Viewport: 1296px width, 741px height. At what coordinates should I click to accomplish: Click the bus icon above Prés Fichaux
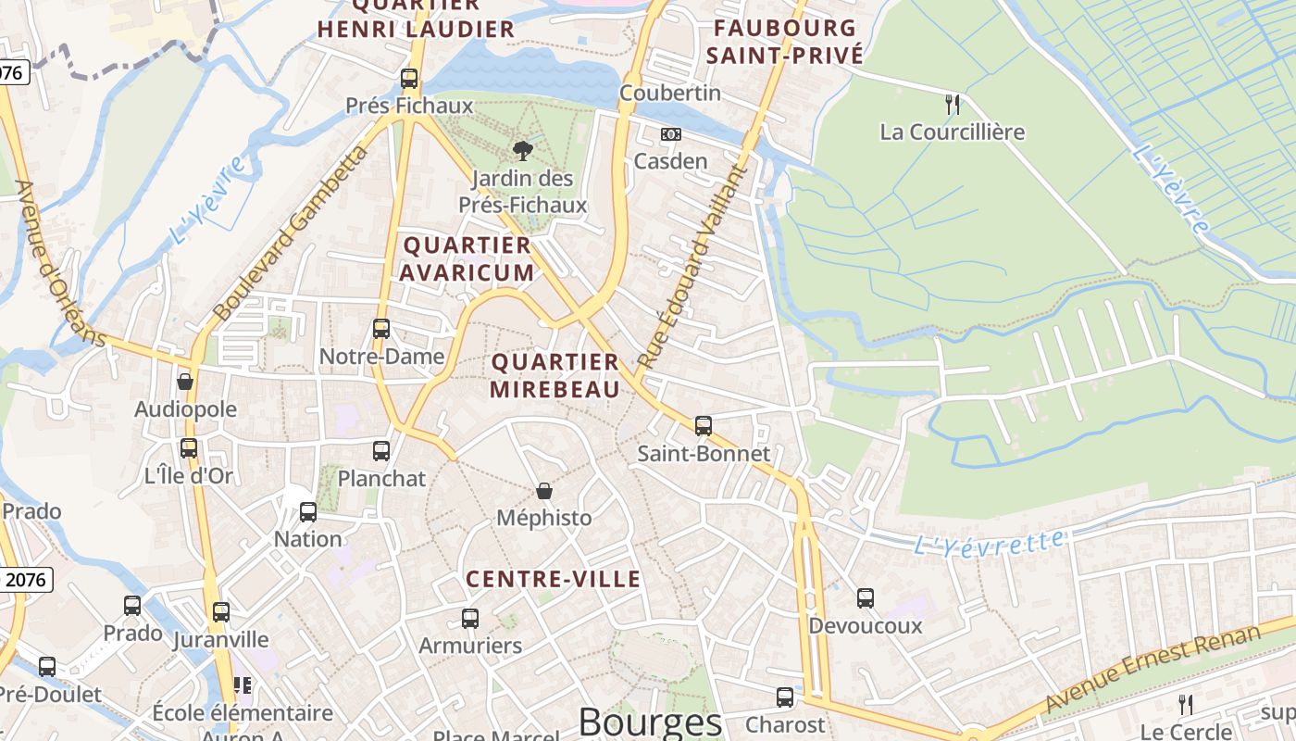tap(409, 79)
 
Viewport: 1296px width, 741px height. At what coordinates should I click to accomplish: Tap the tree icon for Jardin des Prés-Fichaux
tap(523, 150)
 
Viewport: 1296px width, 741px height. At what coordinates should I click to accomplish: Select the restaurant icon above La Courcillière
tap(953, 104)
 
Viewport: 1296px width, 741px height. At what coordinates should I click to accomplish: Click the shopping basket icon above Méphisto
tap(544, 490)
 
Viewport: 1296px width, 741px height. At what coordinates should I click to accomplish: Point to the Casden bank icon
tap(671, 134)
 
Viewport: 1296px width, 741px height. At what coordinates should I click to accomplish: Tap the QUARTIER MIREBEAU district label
tap(555, 375)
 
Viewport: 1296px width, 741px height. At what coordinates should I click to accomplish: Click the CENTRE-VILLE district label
tap(554, 579)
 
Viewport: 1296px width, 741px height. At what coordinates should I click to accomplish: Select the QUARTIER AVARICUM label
tap(468, 258)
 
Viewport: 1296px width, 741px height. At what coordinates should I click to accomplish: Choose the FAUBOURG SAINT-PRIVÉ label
tap(785, 42)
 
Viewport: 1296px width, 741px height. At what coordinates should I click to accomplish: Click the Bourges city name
tap(650, 722)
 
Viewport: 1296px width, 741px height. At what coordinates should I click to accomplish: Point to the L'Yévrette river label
tap(989, 542)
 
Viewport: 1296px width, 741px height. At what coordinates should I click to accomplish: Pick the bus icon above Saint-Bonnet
tap(704, 426)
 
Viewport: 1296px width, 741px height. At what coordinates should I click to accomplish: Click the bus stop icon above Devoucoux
tap(866, 598)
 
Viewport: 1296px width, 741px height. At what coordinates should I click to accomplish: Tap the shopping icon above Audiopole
tap(185, 382)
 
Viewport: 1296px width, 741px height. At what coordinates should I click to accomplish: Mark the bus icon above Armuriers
tap(470, 618)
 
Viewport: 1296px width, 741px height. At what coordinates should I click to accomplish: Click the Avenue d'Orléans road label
tap(60, 264)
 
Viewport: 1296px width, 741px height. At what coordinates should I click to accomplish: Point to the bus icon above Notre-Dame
tap(381, 329)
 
